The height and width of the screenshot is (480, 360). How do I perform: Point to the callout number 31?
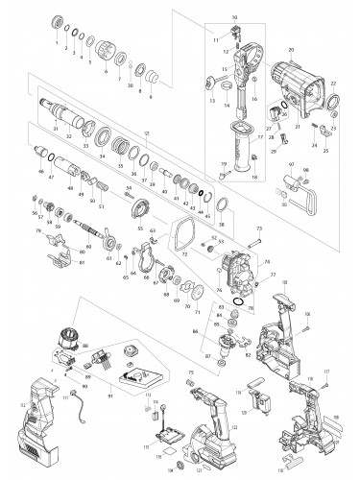tap(56, 130)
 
